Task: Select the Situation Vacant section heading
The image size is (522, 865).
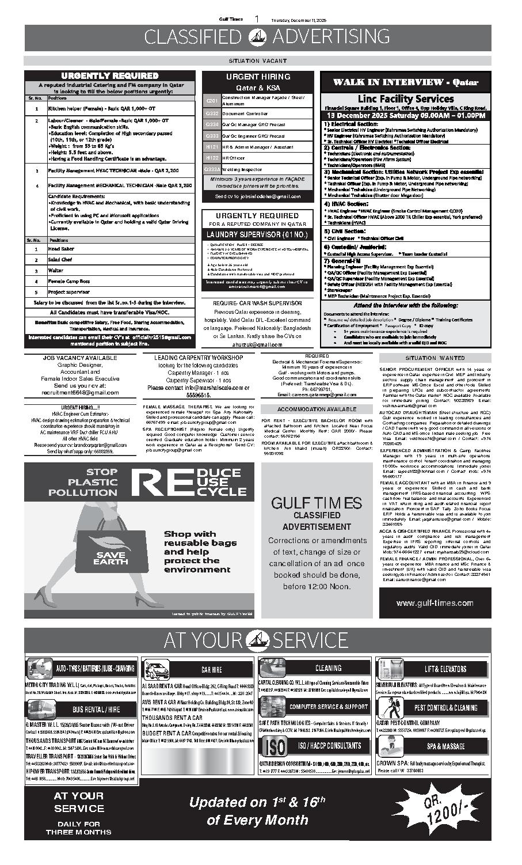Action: pyautogui.click(x=257, y=60)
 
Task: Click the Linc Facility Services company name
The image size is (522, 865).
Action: pyautogui.click(x=406, y=98)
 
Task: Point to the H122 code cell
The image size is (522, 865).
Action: pyautogui.click(x=212, y=157)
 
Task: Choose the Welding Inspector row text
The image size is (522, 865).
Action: pyautogui.click(x=242, y=169)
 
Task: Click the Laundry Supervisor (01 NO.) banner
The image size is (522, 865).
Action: pyautogui.click(x=257, y=235)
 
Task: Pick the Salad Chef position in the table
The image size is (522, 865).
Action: pyautogui.click(x=60, y=260)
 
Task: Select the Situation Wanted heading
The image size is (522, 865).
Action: pyautogui.click(x=435, y=358)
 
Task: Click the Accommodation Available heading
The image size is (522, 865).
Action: pyautogui.click(x=317, y=409)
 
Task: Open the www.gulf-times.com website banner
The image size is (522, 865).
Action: pyautogui.click(x=435, y=603)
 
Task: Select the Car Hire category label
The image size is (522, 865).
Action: pyautogui.click(x=212, y=669)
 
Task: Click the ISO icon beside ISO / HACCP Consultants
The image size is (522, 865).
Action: pyautogui.click(x=273, y=746)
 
